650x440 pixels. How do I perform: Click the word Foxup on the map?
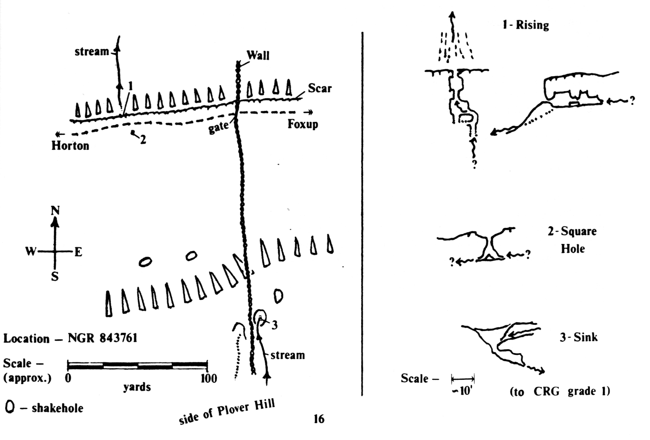[x=302, y=124]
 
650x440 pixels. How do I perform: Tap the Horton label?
[x=70, y=145]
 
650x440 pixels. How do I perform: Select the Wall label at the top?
[x=258, y=55]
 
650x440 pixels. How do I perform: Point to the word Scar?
[x=320, y=88]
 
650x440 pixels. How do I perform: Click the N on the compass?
[x=55, y=211]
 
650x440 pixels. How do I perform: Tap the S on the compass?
[x=55, y=277]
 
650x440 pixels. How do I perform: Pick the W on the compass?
[x=31, y=252]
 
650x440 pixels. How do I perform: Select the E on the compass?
[x=78, y=252]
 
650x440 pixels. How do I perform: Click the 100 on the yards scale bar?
[x=208, y=378]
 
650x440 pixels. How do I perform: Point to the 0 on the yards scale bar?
[x=68, y=378]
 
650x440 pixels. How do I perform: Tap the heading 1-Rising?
[x=525, y=25]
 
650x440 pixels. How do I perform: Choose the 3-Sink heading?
[x=578, y=337]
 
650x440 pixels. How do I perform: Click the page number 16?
[x=319, y=419]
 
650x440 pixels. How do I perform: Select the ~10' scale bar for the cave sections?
[x=463, y=378]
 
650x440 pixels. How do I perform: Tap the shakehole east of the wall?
[x=278, y=296]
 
